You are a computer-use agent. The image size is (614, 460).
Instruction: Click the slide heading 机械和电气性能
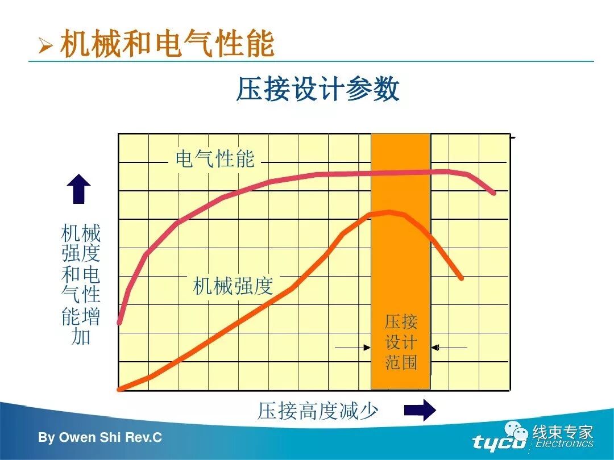tap(167, 44)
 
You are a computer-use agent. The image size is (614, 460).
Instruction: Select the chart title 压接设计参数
tap(318, 90)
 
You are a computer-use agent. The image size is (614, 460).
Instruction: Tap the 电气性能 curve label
tap(214, 159)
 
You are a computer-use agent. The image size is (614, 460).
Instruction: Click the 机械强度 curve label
tap(233, 285)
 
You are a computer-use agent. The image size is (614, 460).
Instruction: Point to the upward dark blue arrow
tap(78, 189)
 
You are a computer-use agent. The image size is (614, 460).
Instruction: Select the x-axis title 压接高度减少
tap(318, 411)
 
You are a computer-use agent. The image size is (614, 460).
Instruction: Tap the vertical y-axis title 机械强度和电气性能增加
tap(81, 284)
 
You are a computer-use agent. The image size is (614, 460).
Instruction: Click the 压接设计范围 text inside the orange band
tap(401, 342)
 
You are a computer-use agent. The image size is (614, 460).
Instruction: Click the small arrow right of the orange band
tap(449, 347)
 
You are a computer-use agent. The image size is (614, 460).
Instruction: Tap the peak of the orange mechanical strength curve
tap(389, 212)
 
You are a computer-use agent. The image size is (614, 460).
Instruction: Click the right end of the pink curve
tap(493, 193)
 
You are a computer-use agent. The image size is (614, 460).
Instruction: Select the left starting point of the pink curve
tap(119, 323)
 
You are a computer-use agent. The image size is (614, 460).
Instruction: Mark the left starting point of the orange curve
tap(120, 389)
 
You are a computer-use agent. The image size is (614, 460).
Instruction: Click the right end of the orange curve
tap(461, 278)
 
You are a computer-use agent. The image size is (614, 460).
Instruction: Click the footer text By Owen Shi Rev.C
tap(100, 438)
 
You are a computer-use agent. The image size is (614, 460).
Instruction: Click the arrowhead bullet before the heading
tap(45, 45)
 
